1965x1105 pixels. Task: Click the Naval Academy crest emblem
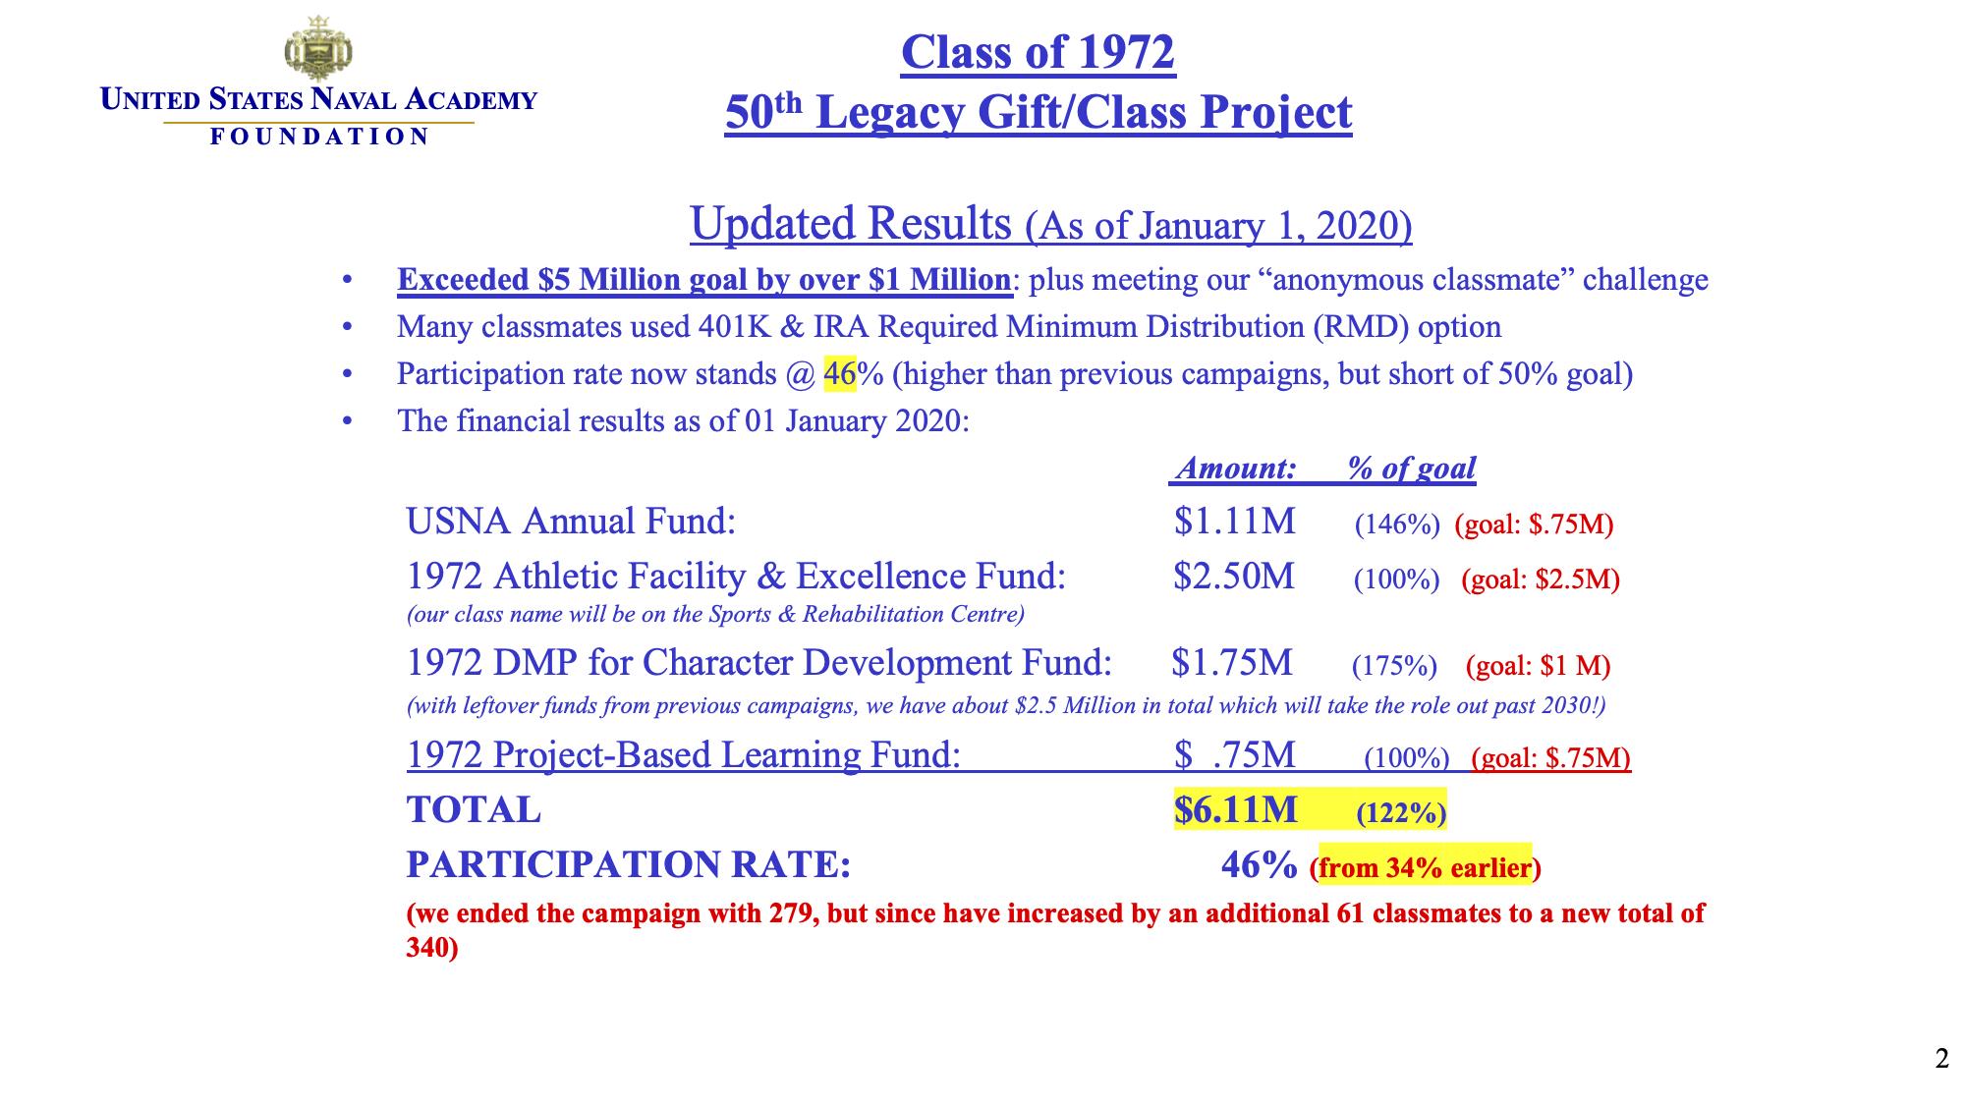pyautogui.click(x=318, y=49)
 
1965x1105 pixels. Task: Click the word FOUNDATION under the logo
pyautogui.click(x=319, y=137)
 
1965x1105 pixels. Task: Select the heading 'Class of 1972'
pyautogui.click(x=1038, y=52)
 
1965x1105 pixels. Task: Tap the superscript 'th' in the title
pyautogui.click(x=788, y=102)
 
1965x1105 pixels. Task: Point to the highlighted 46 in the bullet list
pyautogui.click(x=840, y=374)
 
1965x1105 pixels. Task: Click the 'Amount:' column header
pyautogui.click(x=1236, y=469)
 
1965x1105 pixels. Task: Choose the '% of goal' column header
pyautogui.click(x=1411, y=469)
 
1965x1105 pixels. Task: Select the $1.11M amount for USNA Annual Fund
pyautogui.click(x=1235, y=522)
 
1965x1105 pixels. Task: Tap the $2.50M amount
pyautogui.click(x=1234, y=577)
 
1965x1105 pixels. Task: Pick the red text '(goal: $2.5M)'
pyautogui.click(x=1541, y=580)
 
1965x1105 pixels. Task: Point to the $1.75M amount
pyautogui.click(x=1232, y=663)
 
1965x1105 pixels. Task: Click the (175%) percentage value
pyautogui.click(x=1394, y=666)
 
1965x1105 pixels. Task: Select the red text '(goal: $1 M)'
pyautogui.click(x=1538, y=666)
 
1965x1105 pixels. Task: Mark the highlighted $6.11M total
pyautogui.click(x=1236, y=810)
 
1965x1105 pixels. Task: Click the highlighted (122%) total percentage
pyautogui.click(x=1401, y=813)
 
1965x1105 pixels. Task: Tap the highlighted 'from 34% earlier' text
pyautogui.click(x=1425, y=868)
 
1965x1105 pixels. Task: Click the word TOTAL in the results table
pyautogui.click(x=474, y=810)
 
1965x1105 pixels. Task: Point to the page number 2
pyautogui.click(x=1941, y=1059)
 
